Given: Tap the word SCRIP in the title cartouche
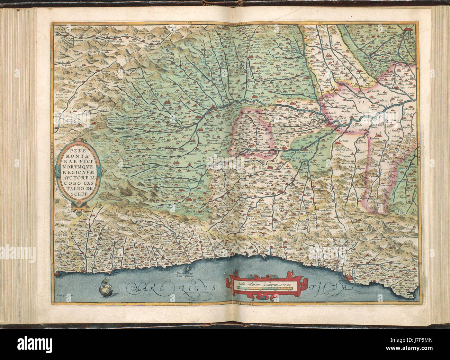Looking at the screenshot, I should [x=78, y=194].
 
